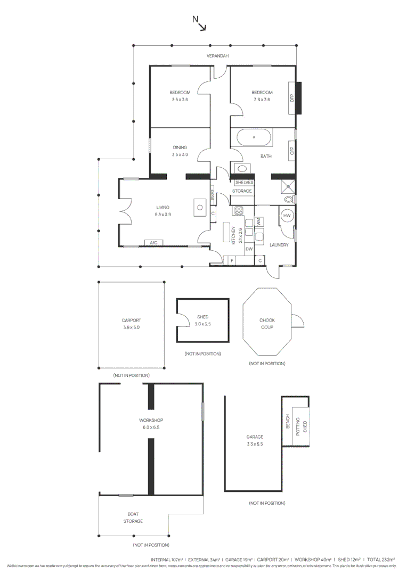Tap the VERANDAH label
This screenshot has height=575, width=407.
pyautogui.click(x=218, y=56)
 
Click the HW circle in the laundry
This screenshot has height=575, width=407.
pyautogui.click(x=287, y=216)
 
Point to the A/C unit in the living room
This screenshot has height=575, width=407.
pyautogui.click(x=153, y=243)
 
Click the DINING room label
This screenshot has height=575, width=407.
pyautogui.click(x=180, y=147)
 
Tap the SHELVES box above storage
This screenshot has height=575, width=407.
pyautogui.click(x=243, y=183)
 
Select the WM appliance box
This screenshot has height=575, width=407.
pyautogui.click(x=258, y=221)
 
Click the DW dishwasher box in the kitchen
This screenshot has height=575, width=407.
pyautogui.click(x=249, y=249)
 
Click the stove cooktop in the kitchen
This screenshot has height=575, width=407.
pyautogui.click(x=238, y=210)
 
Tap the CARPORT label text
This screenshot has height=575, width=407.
pyautogui.click(x=131, y=321)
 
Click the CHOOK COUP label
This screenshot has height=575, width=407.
pyautogui.click(x=267, y=324)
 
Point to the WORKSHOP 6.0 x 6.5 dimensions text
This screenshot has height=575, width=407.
pyautogui.click(x=151, y=427)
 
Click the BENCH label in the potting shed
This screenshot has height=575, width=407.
pyautogui.click(x=288, y=422)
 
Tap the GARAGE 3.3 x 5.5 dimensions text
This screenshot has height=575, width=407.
pyautogui.click(x=255, y=443)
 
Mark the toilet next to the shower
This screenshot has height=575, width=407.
pyautogui.click(x=288, y=199)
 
